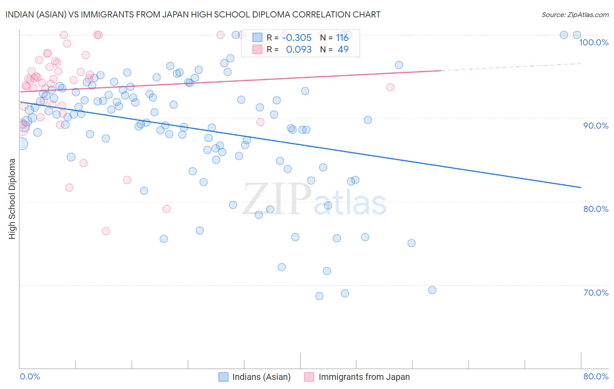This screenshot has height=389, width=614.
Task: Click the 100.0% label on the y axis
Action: [593, 42]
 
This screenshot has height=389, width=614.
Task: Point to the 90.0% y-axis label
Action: [596, 126]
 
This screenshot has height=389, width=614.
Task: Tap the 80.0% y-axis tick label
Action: [596, 209]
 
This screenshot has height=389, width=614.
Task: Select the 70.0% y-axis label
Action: [596, 293]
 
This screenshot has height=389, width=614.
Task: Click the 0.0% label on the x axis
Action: [30, 376]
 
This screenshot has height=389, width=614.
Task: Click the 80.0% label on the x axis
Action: [596, 376]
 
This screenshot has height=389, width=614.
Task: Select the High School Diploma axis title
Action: [12, 199]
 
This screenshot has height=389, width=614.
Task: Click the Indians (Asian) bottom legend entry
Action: [261, 377]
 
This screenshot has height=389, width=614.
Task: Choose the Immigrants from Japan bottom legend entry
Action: [364, 377]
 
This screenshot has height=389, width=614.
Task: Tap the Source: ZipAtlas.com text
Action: [575, 14]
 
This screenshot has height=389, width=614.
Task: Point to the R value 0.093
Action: [299, 50]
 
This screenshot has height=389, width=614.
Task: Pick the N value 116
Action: [342, 38]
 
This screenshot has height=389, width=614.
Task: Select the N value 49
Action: [343, 50]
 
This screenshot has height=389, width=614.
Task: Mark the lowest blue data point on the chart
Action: [319, 296]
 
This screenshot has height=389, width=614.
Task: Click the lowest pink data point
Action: [106, 231]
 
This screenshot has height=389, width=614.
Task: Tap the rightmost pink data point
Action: [390, 87]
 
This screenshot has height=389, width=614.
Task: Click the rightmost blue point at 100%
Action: [577, 35]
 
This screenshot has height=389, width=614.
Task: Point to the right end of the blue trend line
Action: [581, 187]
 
